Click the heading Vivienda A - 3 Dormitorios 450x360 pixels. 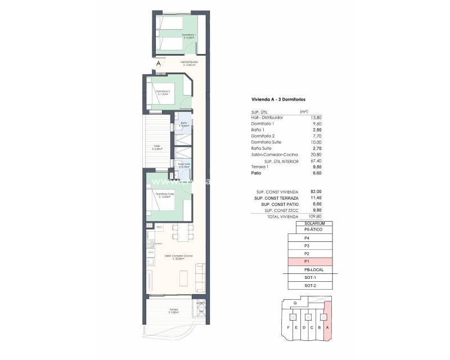[279, 99]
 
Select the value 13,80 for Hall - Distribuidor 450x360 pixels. [307, 118]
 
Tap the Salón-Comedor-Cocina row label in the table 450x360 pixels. [275, 154]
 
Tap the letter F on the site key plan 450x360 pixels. [288, 327]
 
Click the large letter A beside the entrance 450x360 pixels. [159, 64]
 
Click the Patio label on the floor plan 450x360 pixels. [157, 147]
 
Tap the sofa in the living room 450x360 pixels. [199, 275]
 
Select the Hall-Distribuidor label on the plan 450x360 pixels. [188, 63]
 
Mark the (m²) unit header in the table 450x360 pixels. [304, 111]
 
